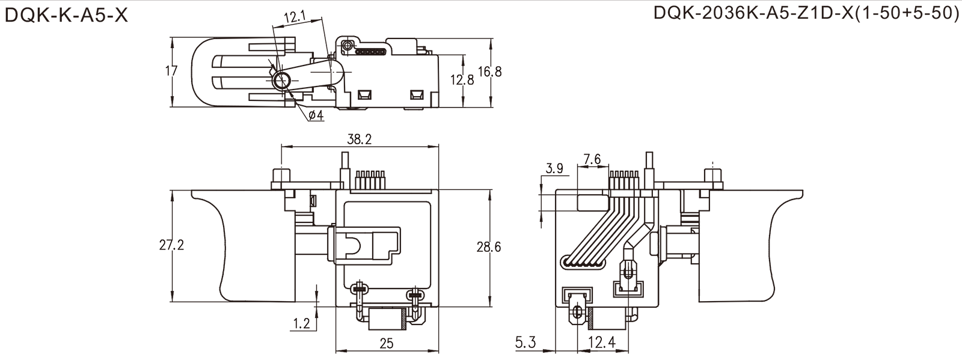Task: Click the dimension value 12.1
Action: [x=295, y=14]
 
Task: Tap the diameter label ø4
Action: [x=316, y=115]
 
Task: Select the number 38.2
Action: [x=360, y=139]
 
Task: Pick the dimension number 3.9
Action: [x=554, y=169]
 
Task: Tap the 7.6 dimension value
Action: [x=592, y=160]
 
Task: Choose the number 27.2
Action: [x=171, y=245]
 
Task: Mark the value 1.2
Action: [x=303, y=323]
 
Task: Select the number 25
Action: [x=387, y=343]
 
